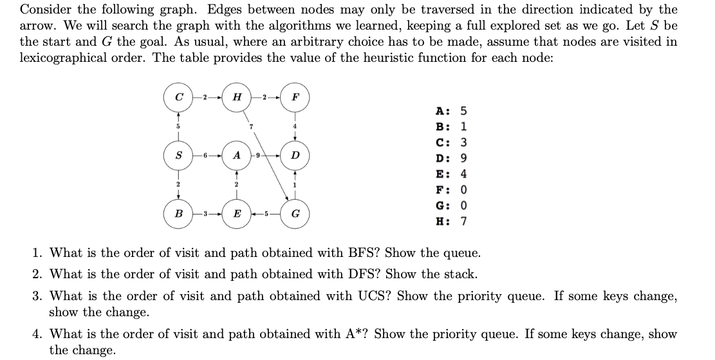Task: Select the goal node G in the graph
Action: click(x=295, y=213)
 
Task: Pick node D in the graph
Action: click(x=295, y=155)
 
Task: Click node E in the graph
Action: click(x=237, y=213)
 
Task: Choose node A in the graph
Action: click(x=237, y=155)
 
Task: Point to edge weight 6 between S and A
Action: click(x=204, y=155)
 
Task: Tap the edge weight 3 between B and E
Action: click(x=204, y=213)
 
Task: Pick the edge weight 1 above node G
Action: click(x=295, y=185)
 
